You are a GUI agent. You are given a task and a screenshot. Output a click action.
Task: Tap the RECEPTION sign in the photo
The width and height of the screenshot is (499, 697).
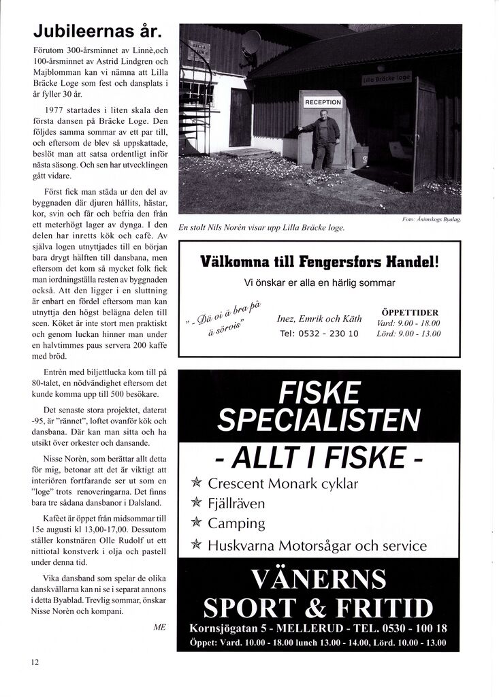point(323,102)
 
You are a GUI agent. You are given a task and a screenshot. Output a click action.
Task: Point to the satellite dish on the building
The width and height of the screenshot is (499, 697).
point(251,42)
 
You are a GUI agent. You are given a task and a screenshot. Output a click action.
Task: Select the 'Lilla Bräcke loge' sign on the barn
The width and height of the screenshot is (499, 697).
point(387,79)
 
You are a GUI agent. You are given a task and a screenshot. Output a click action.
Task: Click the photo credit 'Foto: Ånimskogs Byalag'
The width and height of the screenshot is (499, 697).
point(432,219)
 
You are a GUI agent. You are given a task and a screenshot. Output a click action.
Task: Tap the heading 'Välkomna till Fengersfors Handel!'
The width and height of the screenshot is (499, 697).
point(319,261)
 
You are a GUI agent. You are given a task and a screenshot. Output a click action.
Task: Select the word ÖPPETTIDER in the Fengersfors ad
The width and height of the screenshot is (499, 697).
point(408,312)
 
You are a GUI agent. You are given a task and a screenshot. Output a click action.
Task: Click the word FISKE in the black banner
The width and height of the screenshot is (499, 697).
point(319,393)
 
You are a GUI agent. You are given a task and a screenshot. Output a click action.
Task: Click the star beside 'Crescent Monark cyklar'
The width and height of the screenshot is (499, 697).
point(197,484)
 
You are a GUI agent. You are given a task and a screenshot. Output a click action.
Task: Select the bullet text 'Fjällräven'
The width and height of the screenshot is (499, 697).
point(236,504)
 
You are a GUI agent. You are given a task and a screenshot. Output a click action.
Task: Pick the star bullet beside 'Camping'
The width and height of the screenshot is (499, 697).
point(197,524)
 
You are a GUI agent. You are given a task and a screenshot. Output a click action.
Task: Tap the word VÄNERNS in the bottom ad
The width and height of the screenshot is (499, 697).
point(319,579)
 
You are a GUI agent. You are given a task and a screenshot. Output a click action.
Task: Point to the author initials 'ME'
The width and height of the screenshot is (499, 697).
point(160,627)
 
